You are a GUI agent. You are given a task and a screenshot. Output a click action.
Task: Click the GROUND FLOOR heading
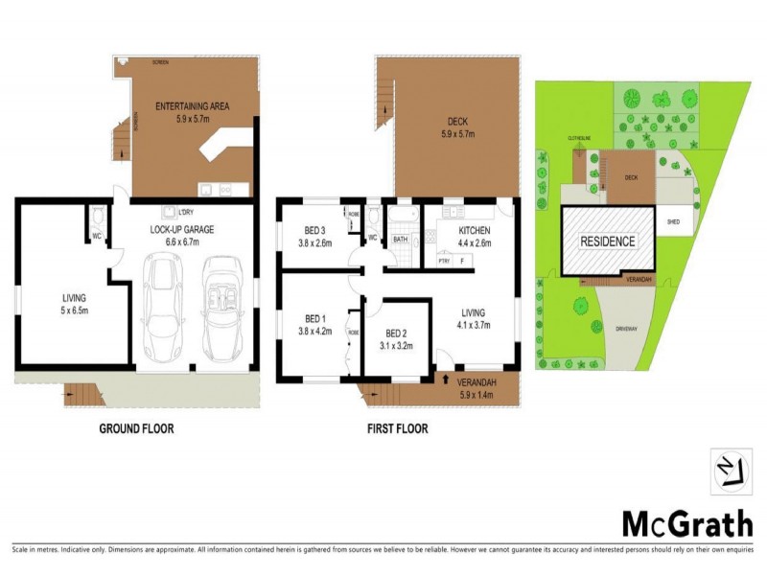137,428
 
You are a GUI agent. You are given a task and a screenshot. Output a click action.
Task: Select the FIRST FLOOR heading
397,428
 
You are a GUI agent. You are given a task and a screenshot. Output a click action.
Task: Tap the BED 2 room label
395,333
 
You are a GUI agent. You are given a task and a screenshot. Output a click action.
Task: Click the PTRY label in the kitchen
444,260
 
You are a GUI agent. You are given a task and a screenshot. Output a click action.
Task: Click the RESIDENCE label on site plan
608,241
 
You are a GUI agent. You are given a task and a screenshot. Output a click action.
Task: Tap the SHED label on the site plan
674,221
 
